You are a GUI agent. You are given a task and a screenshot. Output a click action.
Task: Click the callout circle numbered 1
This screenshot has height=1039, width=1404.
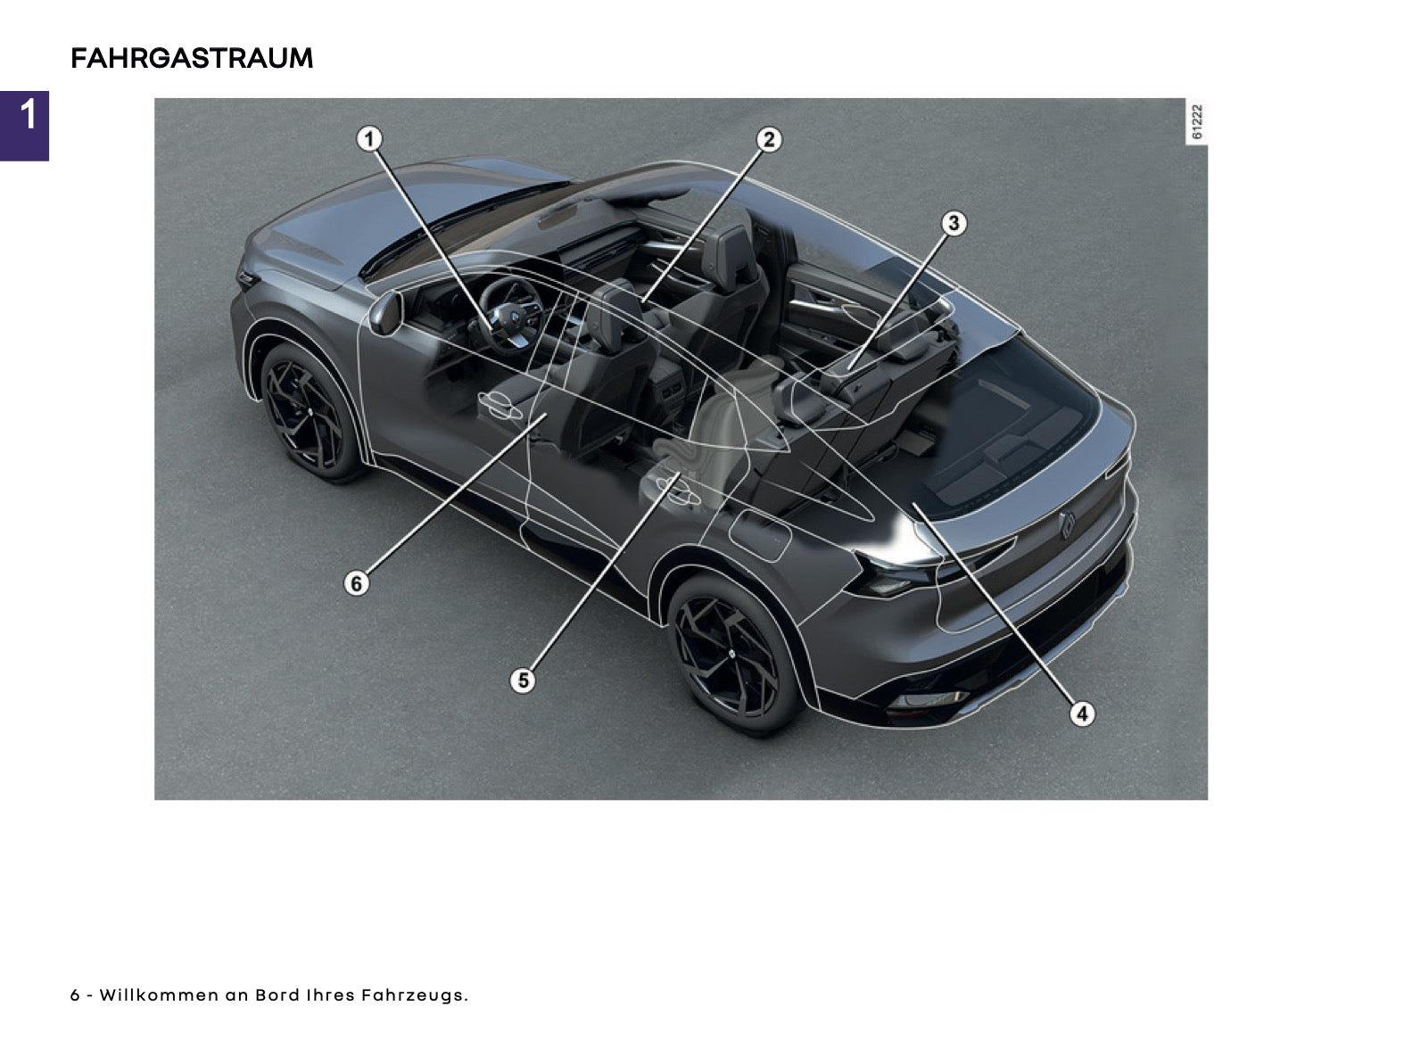tap(369, 138)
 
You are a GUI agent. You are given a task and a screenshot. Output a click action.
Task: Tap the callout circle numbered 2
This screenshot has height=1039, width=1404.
tap(769, 139)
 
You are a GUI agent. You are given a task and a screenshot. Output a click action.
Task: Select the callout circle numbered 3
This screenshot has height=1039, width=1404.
tap(954, 224)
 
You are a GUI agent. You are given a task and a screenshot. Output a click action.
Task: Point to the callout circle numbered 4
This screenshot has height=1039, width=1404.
tap(1082, 713)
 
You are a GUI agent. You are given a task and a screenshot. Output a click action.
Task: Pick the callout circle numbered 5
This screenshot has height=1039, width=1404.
tap(522, 680)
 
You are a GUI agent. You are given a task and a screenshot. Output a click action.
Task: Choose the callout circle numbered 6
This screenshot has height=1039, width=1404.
tap(356, 582)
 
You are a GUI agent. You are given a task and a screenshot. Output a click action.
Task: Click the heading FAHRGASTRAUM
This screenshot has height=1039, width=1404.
tap(192, 58)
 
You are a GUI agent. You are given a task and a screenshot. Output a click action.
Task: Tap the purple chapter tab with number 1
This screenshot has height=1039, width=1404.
tap(24, 126)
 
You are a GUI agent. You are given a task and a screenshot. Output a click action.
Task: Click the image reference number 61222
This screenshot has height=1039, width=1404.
tap(1196, 121)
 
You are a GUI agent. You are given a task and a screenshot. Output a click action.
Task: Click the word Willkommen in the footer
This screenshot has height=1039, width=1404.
tap(159, 994)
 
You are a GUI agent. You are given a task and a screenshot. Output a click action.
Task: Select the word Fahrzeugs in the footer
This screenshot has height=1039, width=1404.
tap(415, 995)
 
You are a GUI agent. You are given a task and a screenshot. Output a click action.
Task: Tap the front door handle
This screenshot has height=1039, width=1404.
tap(500, 405)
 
